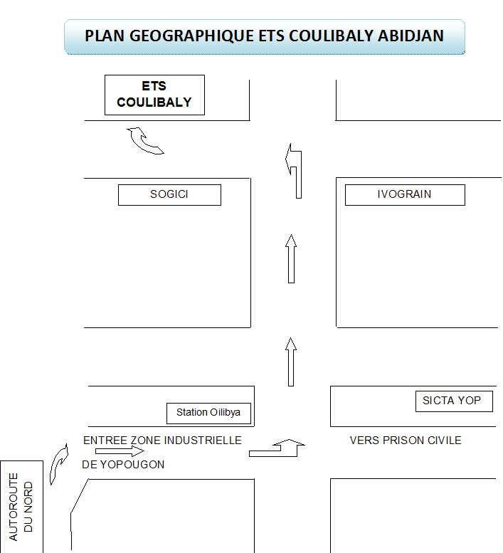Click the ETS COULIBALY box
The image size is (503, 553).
[x=154, y=95]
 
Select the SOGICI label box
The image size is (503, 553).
[x=169, y=195]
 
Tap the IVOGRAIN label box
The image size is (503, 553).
[x=405, y=195]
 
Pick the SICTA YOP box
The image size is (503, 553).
[x=454, y=401]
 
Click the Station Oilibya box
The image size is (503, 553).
[x=208, y=413]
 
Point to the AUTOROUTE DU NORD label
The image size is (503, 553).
[x=21, y=507]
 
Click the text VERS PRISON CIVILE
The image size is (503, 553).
[x=406, y=441]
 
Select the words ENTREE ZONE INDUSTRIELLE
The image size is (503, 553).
[x=162, y=441]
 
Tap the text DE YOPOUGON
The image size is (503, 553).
[x=123, y=465]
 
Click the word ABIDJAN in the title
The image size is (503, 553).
[x=411, y=36]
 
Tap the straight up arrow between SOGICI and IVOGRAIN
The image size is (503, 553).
[x=291, y=258]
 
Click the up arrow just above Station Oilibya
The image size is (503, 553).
[x=291, y=362]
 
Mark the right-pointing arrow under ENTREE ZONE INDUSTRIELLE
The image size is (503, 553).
[x=120, y=451]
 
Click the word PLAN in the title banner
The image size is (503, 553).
[x=105, y=36]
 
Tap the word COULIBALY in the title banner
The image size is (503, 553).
[x=331, y=36]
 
